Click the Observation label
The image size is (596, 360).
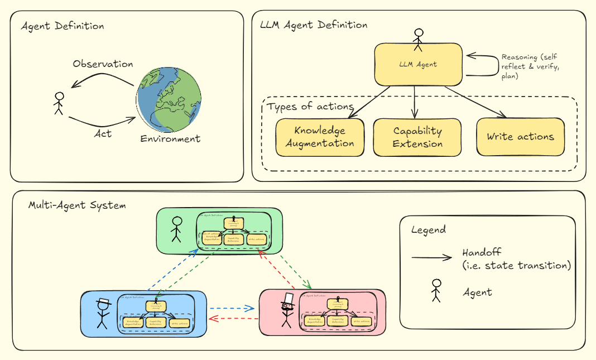tap(103, 64)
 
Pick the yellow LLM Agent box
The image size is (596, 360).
tap(418, 64)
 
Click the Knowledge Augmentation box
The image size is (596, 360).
tap(320, 137)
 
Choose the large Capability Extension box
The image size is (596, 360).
tap(417, 137)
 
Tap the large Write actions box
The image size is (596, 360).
tap(520, 137)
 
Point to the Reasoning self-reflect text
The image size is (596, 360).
tap(528, 66)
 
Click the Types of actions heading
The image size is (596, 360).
tap(310, 107)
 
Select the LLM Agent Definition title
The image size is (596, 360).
tap(314, 25)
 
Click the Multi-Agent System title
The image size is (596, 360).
tap(77, 205)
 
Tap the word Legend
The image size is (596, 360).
tap(428, 229)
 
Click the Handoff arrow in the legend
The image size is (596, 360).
tap(431, 257)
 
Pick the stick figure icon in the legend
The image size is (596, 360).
tap(436, 291)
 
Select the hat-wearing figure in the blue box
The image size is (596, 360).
tap(103, 313)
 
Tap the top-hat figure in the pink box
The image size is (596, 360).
tap(287, 311)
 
